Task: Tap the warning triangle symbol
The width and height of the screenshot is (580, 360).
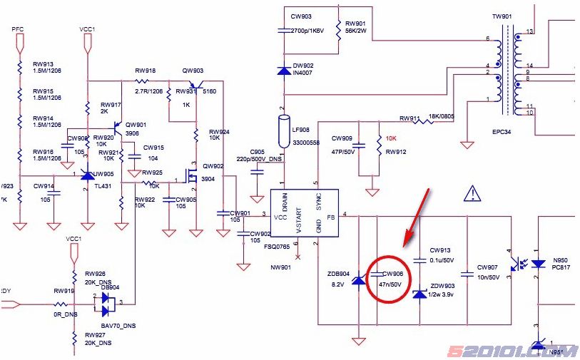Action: coord(472,192)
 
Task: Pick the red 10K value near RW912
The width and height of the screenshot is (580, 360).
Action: coord(391,138)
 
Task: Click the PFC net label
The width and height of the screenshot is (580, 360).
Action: coord(18,28)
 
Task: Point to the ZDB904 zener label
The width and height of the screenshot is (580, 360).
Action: coord(338,273)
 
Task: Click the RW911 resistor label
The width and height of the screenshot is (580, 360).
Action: coord(409,118)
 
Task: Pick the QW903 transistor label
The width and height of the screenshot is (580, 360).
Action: coord(193,71)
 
